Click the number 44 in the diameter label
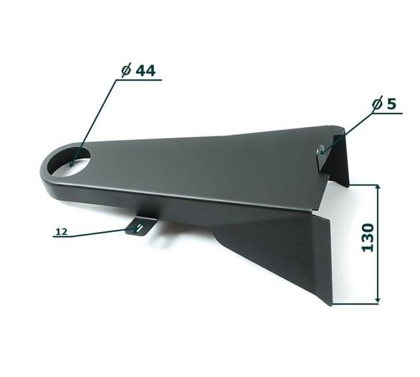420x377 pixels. click(x=145, y=71)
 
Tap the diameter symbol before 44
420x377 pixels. click(x=126, y=71)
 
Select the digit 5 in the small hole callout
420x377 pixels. click(x=391, y=104)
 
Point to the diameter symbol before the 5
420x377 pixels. click(x=377, y=104)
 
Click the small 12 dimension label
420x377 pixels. click(x=62, y=231)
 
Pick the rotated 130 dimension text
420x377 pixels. click(x=368, y=238)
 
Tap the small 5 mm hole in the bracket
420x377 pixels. click(x=322, y=151)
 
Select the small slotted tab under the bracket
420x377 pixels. click(x=140, y=226)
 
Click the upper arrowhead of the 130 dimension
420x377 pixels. click(x=378, y=187)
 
